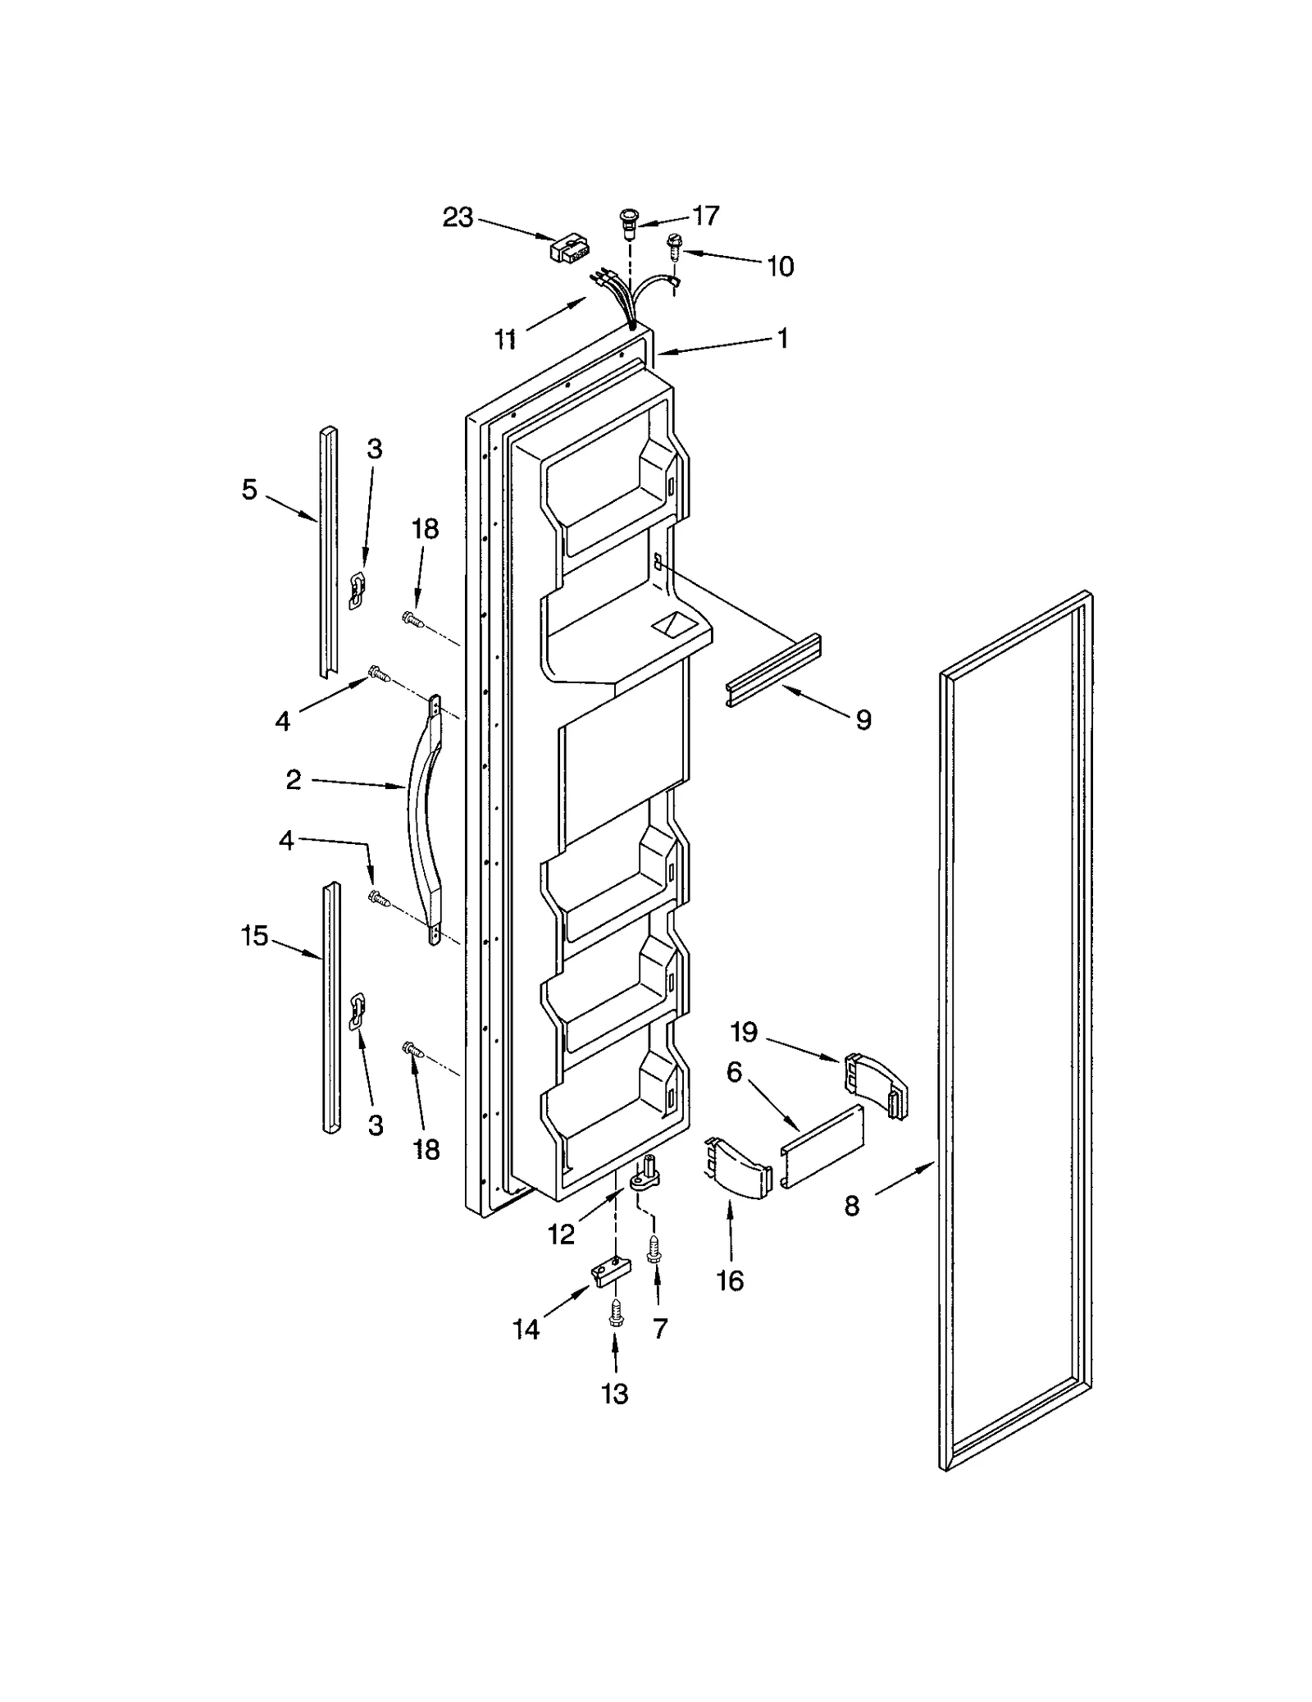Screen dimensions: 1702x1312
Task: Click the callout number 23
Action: click(458, 218)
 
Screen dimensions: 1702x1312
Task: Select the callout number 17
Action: click(705, 216)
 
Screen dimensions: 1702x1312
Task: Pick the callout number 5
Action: click(249, 490)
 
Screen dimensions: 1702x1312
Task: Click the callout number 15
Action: click(254, 935)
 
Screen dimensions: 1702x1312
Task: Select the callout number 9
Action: click(863, 719)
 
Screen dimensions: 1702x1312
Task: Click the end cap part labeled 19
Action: click(876, 1084)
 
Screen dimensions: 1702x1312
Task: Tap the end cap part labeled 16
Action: click(738, 1169)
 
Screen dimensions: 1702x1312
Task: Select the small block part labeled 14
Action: click(612, 1271)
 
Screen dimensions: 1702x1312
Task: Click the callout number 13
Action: click(614, 1394)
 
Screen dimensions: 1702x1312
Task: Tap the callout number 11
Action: click(506, 337)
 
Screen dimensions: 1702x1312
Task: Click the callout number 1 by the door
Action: click(782, 337)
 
